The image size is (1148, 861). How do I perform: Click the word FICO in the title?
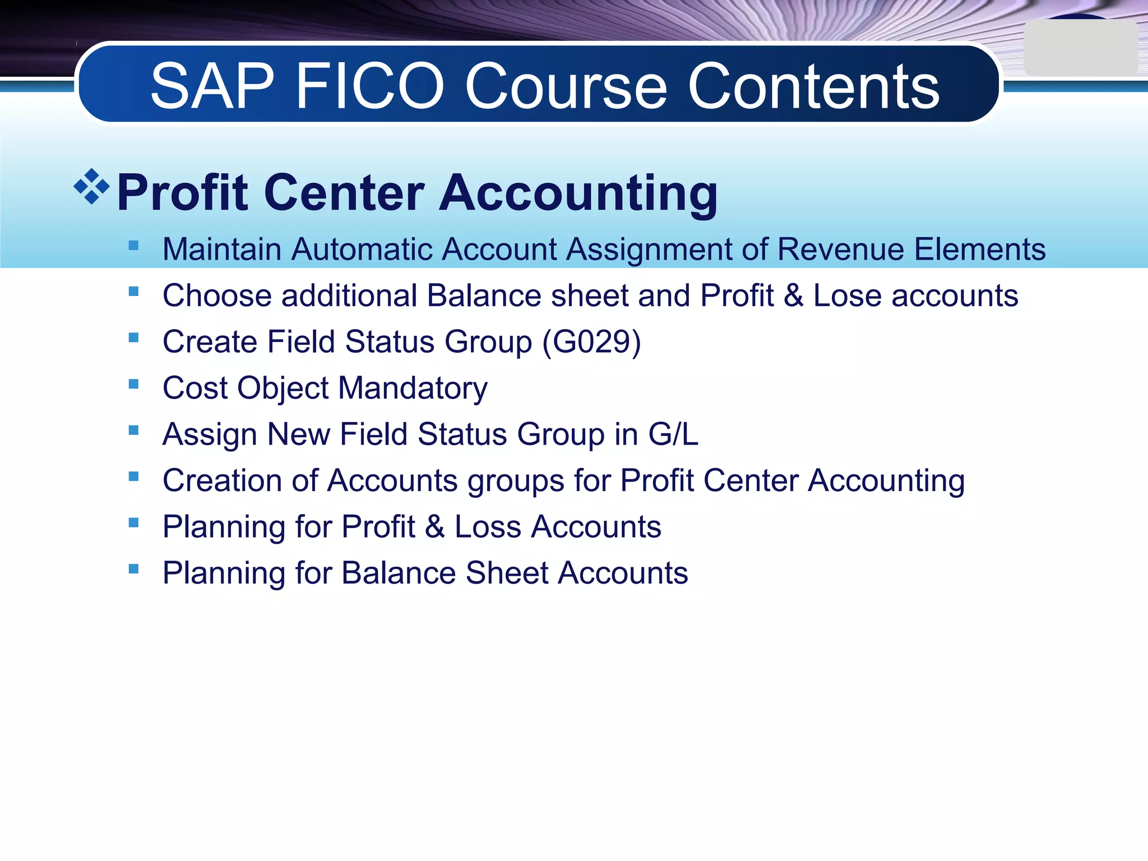369,86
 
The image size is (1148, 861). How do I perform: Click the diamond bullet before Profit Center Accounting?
92,186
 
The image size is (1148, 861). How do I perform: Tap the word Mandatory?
413,388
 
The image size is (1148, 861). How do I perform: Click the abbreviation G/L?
673,434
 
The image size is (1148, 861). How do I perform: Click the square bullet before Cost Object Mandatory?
133,384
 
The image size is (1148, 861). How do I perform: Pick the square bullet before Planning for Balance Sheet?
133,569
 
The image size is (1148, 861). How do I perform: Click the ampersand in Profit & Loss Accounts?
434,527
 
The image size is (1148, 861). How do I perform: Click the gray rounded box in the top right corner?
1080,48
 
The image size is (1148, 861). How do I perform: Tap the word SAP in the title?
212,86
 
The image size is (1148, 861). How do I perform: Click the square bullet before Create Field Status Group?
133,337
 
